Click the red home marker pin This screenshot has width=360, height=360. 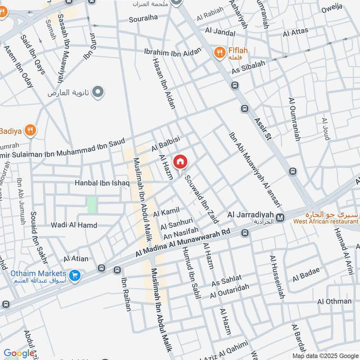(x=180, y=161)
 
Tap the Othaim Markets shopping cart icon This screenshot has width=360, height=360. (x=75, y=274)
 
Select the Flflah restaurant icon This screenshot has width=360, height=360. (x=219, y=53)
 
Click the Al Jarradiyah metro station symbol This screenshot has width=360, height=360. (x=280, y=218)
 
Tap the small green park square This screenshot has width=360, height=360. (x=92, y=205)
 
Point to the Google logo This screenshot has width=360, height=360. (x=19, y=354)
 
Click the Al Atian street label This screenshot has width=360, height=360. (x=76, y=259)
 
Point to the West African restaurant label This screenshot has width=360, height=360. (x=326, y=221)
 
